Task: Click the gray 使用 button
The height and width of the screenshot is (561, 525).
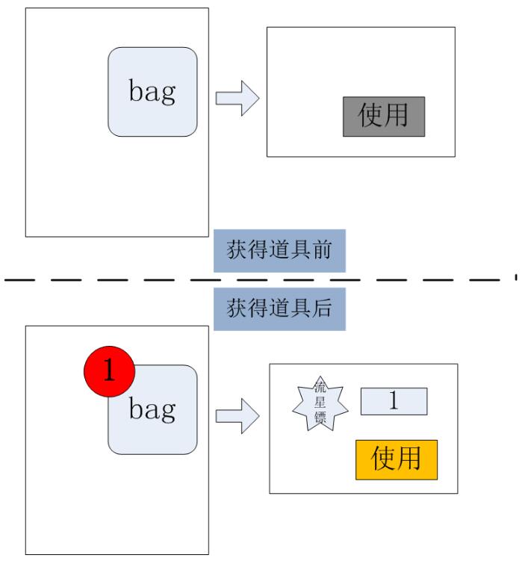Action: click(384, 116)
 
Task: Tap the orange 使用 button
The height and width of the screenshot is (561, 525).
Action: click(396, 459)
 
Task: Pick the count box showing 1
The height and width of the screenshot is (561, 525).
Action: click(394, 401)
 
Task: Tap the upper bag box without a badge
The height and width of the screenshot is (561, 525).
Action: click(153, 91)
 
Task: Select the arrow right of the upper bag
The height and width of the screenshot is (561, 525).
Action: click(236, 99)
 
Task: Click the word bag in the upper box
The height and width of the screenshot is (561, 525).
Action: click(153, 91)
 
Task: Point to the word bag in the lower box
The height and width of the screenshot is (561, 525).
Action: click(153, 409)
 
